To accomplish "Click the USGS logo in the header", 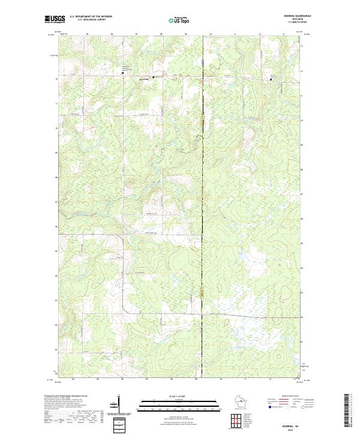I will click(53, 19).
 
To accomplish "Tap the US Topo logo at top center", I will click(175, 19).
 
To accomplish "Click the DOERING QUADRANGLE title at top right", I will click(289, 16).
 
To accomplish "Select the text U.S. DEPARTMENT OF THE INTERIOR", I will click(91, 16).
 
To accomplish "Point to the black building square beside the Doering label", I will click(152, 77).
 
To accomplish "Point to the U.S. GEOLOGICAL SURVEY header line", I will click(88, 19).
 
